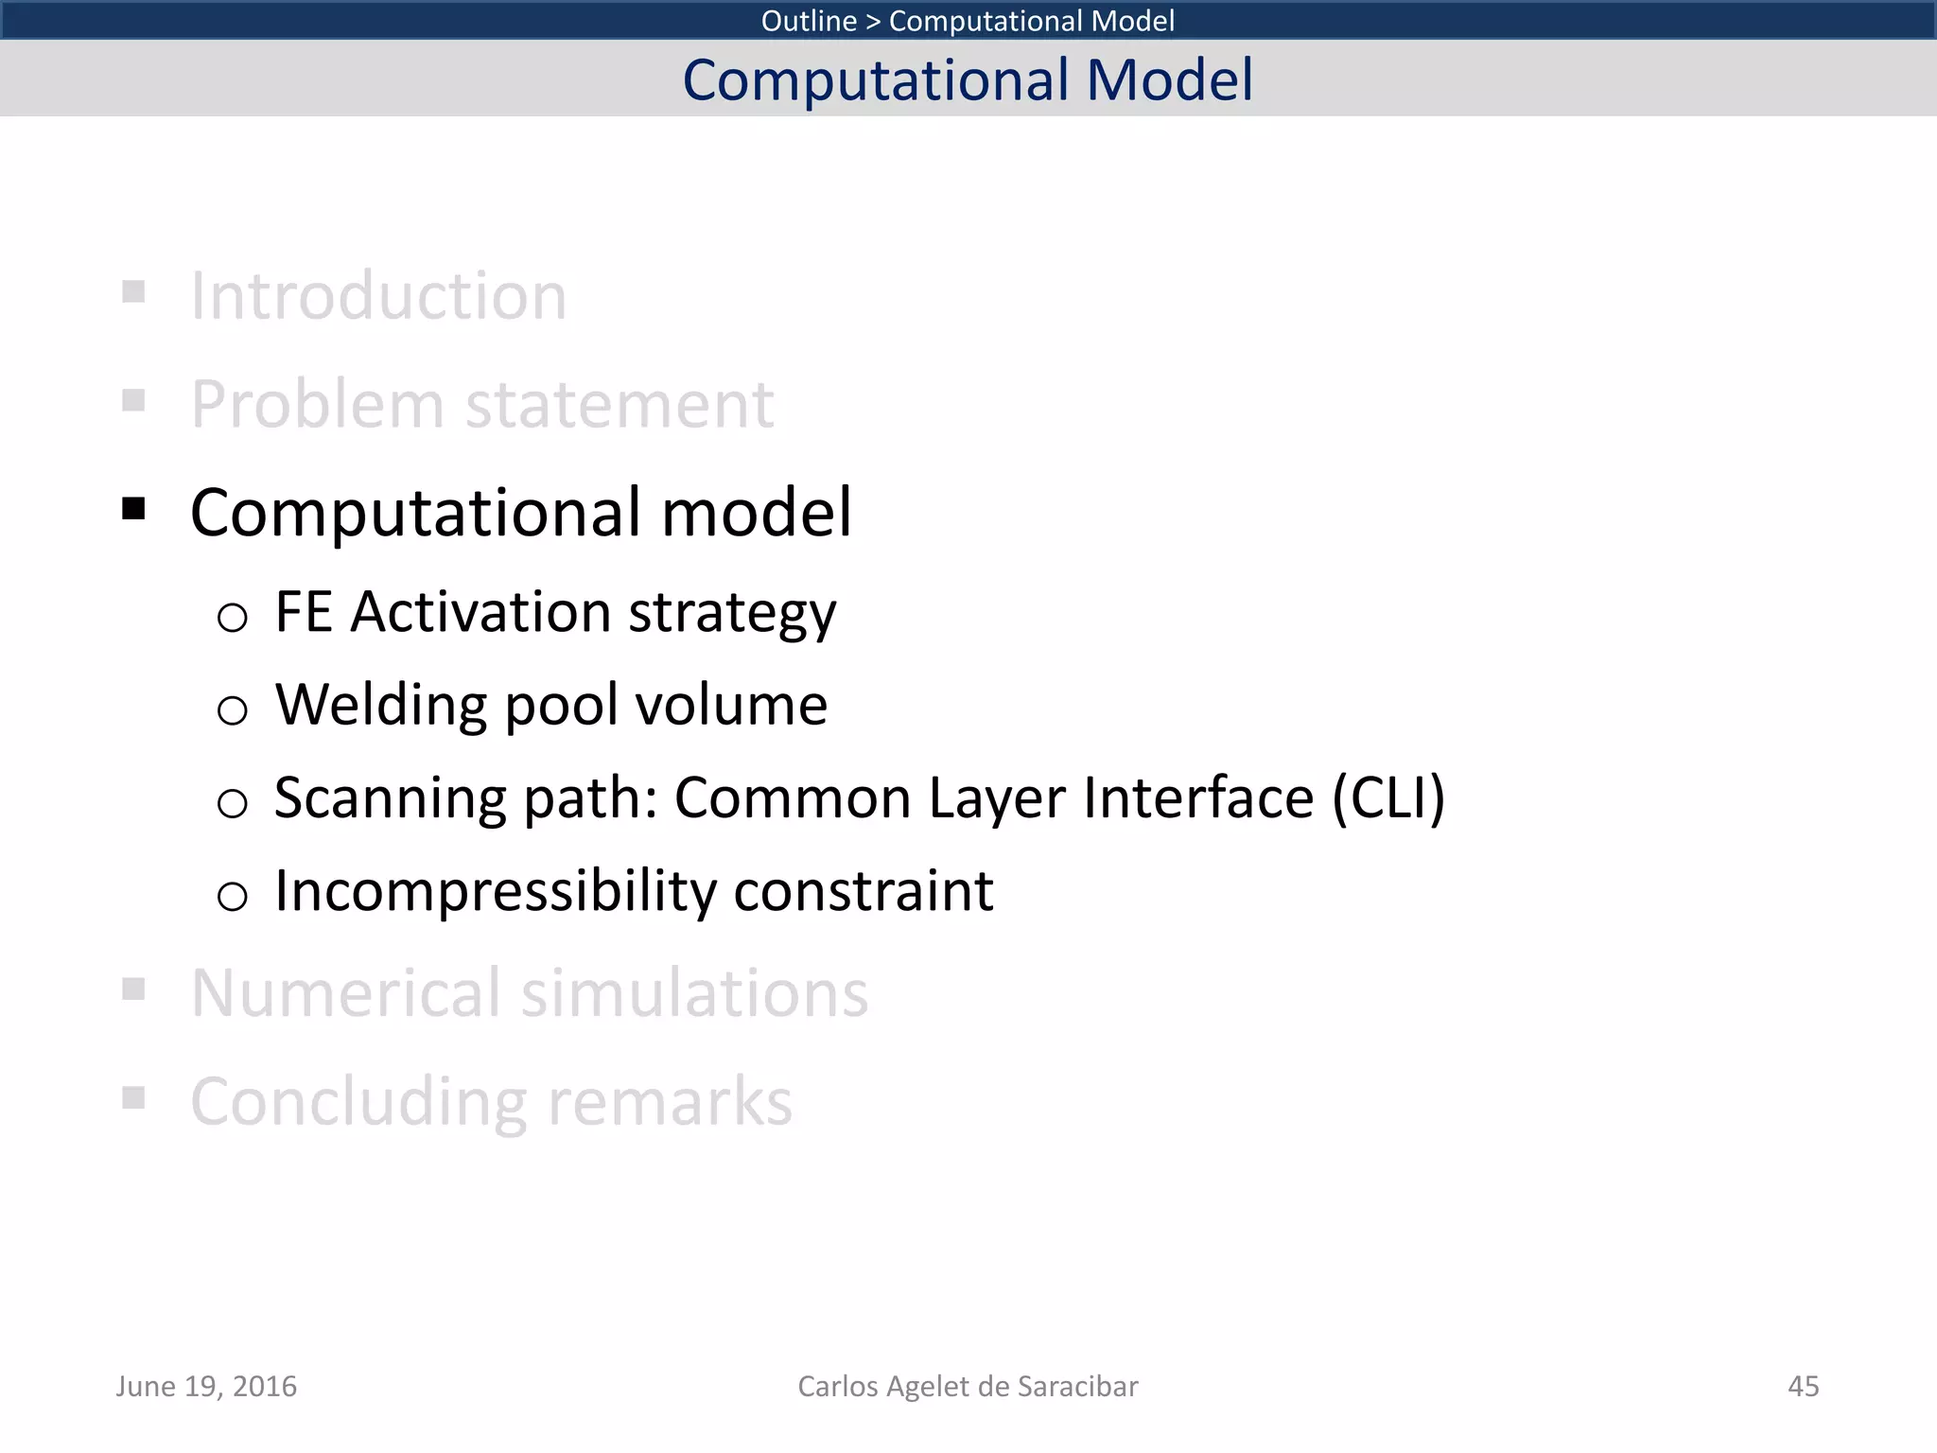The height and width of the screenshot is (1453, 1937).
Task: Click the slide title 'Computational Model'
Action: pyautogui.click(x=968, y=79)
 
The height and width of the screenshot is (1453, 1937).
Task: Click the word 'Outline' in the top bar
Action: pyautogui.click(x=809, y=21)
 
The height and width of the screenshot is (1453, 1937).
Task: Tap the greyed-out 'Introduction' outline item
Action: pyautogui.click(x=378, y=296)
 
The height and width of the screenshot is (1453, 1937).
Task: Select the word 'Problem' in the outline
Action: pyautogui.click(x=317, y=405)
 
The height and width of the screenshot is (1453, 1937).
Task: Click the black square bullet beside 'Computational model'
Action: pyautogui.click(x=133, y=510)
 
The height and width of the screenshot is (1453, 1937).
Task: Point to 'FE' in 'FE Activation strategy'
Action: pyautogui.click(x=304, y=611)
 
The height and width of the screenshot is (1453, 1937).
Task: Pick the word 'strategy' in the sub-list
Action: pyautogui.click(x=732, y=615)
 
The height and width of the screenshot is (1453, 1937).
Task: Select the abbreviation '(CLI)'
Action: pyautogui.click(x=1387, y=797)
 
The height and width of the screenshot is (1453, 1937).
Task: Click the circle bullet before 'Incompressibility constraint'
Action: pyautogui.click(x=232, y=895)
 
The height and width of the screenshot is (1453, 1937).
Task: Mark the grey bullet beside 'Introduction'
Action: pyautogui.click(x=133, y=291)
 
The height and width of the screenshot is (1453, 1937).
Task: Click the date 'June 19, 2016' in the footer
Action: pyautogui.click(x=206, y=1386)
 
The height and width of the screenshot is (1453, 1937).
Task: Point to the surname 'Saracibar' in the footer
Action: pyautogui.click(x=1077, y=1386)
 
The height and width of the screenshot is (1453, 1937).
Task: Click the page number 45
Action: pyautogui.click(x=1803, y=1386)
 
